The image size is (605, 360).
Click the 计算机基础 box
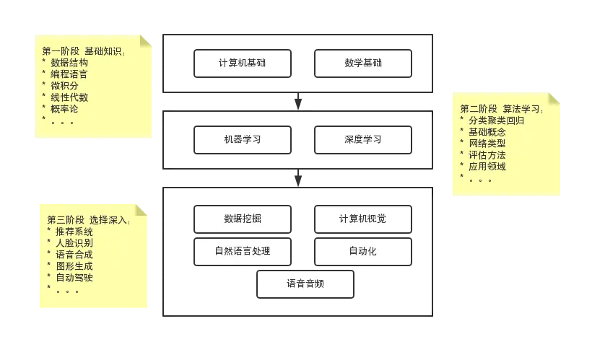click(243, 63)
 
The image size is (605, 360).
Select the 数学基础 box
click(363, 63)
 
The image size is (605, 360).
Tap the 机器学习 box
click(243, 140)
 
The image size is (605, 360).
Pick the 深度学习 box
click(363, 140)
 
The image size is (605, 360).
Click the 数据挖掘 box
click(243, 219)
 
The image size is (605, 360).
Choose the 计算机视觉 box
click(363, 219)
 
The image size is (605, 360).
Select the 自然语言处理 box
click(243, 252)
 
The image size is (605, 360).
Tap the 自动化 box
click(363, 252)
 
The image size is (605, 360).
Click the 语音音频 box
click(305, 284)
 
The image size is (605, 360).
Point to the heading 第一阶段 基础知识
click(84, 51)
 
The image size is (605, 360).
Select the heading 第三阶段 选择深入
click(89, 220)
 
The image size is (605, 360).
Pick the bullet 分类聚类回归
click(496, 120)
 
